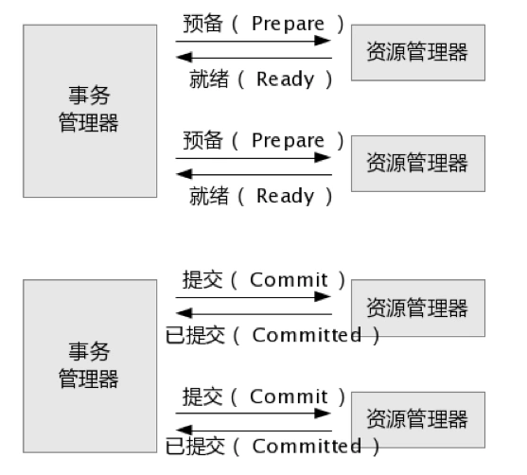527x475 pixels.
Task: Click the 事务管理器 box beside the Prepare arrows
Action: [x=90, y=111]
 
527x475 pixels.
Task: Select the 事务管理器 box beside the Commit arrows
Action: [x=90, y=366]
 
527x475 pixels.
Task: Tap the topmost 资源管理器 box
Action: [x=418, y=52]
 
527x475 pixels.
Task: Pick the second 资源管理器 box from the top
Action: [x=418, y=164]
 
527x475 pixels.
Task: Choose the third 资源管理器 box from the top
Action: [x=418, y=308]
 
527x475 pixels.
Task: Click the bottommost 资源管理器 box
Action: [x=418, y=419]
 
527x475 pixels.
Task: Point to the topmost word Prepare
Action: [x=288, y=25]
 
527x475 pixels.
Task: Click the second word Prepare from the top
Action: [x=288, y=141]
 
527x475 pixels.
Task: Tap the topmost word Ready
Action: [x=286, y=79]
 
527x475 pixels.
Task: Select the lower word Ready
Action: [x=286, y=196]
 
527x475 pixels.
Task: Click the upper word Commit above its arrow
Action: [x=289, y=280]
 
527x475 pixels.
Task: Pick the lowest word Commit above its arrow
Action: [x=289, y=396]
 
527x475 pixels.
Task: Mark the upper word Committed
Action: [x=307, y=335]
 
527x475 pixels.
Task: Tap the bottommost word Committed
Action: [x=307, y=447]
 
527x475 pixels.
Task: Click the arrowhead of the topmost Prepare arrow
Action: [x=323, y=41]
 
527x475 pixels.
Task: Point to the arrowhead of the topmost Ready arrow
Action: [x=184, y=57]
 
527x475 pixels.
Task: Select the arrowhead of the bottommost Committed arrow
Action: [x=184, y=430]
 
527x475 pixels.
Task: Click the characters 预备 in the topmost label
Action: [x=202, y=24]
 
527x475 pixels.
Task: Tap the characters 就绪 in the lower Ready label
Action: [x=209, y=196]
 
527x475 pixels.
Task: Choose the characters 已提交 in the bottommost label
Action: [x=195, y=446]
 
